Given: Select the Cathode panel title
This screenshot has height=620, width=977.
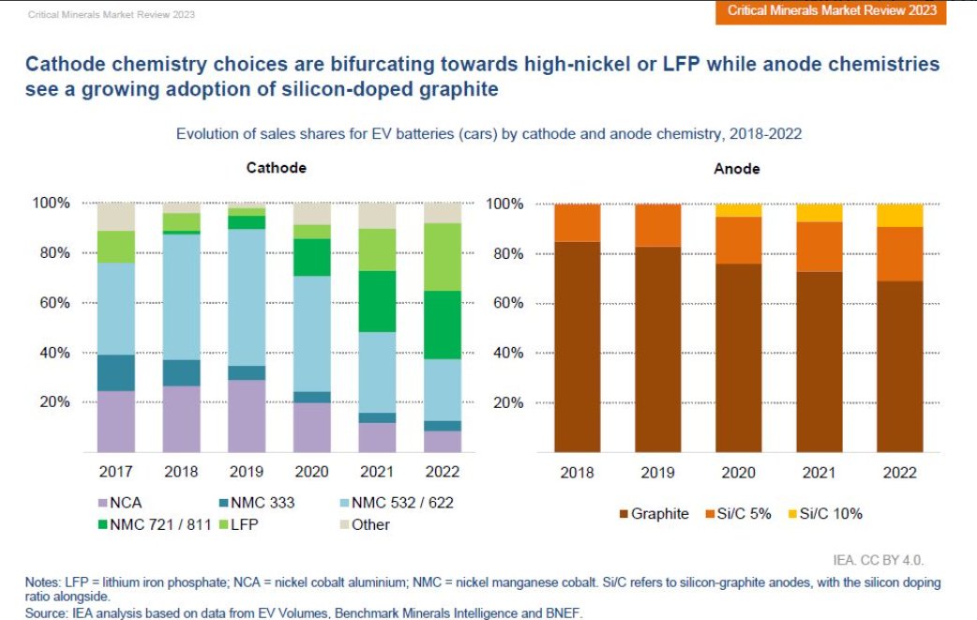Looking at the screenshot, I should point(276,168).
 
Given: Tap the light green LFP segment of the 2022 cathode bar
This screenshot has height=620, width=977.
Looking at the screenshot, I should point(443,256).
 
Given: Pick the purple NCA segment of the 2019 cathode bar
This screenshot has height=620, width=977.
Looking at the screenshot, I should point(247,416).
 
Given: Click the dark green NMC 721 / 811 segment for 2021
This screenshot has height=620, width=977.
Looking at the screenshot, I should point(377,301).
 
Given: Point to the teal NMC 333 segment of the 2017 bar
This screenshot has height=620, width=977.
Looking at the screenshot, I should point(116,372).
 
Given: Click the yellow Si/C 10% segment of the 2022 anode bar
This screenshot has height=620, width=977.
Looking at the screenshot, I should point(898,215).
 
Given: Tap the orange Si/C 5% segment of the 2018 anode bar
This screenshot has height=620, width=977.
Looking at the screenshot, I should point(577,222).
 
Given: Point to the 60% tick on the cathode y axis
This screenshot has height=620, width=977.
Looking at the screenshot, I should point(52,303).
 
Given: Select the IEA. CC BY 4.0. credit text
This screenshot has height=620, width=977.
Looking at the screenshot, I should point(879,560).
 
